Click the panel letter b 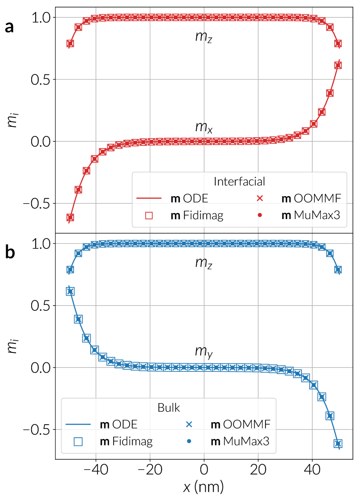point(10,253)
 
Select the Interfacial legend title point(239,181)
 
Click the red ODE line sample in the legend point(149,199)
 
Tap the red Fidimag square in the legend point(149,215)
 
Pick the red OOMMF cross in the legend point(260,199)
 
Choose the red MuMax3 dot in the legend point(260,215)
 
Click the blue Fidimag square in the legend point(78,441)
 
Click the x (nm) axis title point(204,487)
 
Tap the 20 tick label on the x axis point(258,469)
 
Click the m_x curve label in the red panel point(203,128)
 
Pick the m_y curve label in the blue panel point(203,354)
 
